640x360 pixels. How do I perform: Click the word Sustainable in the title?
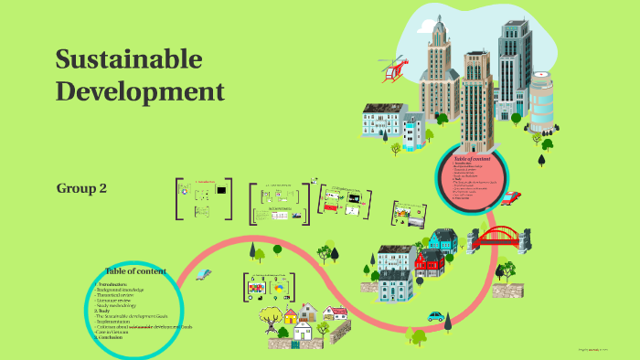point(128,59)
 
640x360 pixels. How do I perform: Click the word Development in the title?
point(139,91)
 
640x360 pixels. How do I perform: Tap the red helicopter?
point(394,69)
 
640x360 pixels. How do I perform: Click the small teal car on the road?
point(436,317)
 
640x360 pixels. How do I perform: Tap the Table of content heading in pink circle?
point(472,159)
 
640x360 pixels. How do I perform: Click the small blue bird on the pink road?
point(204,273)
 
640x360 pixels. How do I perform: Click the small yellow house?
point(291,317)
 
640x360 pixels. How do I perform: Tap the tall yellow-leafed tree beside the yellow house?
point(271,316)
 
